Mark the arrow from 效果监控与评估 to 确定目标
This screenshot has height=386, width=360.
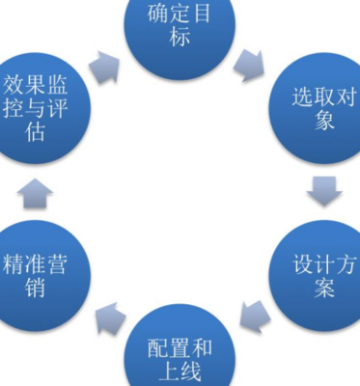106,65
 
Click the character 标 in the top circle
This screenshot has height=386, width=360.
180,41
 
